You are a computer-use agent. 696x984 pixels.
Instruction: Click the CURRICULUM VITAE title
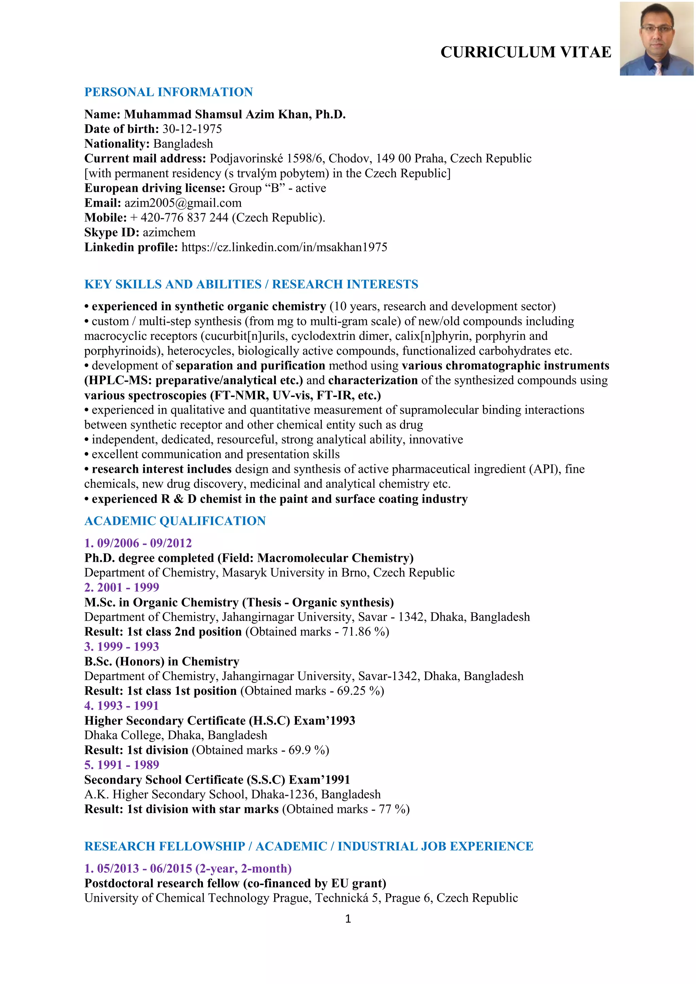tap(525, 52)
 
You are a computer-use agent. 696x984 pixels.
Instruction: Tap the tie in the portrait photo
tap(658, 69)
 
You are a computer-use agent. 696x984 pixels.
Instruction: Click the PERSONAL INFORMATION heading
tap(169, 92)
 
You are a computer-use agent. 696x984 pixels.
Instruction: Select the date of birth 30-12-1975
tap(192, 129)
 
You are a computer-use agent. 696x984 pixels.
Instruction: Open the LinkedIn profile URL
tap(284, 247)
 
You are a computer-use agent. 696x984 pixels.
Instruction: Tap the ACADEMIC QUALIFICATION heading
tap(175, 521)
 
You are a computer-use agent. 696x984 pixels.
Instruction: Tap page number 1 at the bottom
tap(348, 918)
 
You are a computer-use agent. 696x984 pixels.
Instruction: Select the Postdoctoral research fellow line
tap(235, 883)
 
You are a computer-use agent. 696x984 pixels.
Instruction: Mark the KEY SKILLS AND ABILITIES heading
tap(173, 284)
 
